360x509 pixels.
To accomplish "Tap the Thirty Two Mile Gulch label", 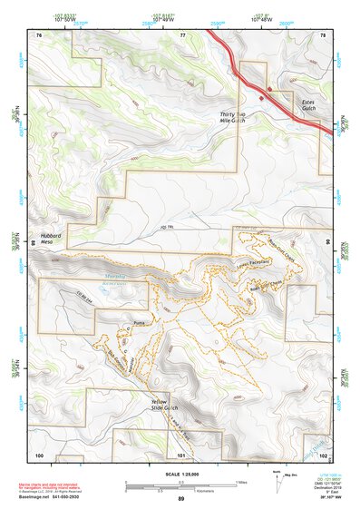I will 233,118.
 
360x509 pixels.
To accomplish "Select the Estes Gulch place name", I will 314,108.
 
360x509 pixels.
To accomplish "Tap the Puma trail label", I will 139,322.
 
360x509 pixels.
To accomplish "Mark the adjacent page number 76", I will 39,34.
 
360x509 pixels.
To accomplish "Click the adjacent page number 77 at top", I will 182,34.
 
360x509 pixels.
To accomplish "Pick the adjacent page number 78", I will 325,34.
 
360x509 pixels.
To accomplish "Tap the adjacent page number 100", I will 39,454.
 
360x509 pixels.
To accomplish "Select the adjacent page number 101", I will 181,454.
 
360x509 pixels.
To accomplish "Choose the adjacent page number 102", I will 324,454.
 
